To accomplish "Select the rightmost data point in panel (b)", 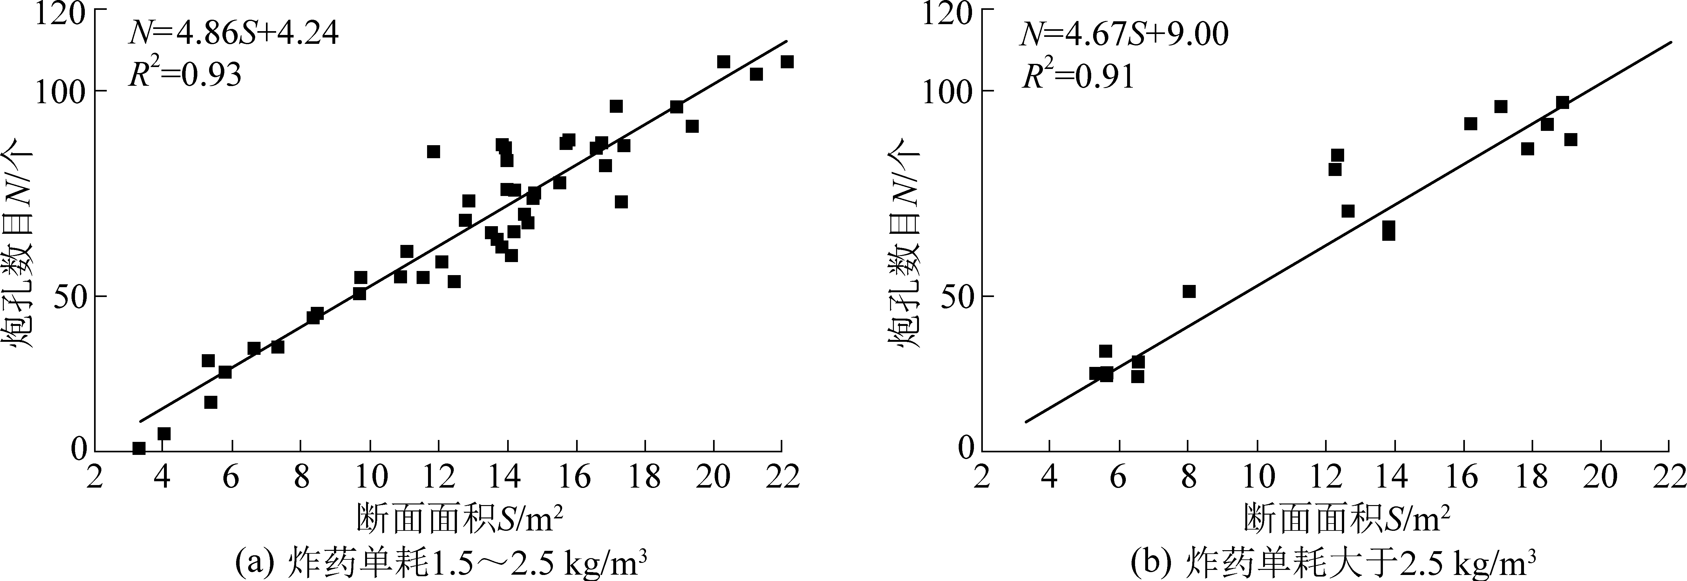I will (1570, 139).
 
